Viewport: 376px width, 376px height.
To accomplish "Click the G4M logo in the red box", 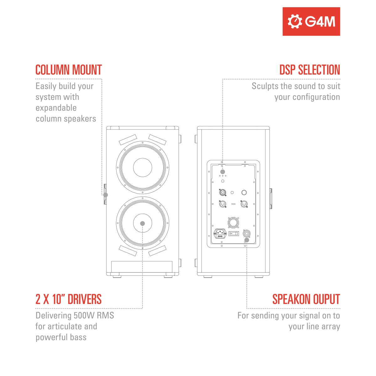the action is (x=311, y=22).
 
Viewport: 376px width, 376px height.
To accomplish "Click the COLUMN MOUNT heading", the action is (x=69, y=70).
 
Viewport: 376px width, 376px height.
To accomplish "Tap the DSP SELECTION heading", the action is (x=310, y=70).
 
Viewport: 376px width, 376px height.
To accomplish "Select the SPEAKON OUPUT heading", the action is (x=306, y=299).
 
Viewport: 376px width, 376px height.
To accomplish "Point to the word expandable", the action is (x=56, y=108).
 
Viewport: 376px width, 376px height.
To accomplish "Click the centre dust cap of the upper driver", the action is (x=143, y=167).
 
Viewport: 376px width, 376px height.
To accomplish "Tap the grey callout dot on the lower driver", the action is (x=143, y=223).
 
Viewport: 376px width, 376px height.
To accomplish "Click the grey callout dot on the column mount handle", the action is (x=106, y=195).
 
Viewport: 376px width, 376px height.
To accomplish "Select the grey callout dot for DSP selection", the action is (x=223, y=172).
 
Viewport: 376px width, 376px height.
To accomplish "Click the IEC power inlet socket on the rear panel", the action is (x=220, y=233).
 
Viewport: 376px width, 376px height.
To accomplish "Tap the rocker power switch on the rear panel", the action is (x=233, y=233).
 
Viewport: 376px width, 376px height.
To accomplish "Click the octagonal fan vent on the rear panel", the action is (x=233, y=222).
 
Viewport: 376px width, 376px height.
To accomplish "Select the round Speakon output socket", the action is (x=247, y=233).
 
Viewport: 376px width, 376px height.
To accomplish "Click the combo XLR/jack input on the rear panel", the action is (x=223, y=193).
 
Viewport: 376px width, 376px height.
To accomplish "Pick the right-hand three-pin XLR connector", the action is (x=244, y=204).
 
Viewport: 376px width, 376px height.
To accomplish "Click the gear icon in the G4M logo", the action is (x=295, y=22).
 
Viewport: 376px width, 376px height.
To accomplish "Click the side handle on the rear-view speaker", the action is (x=271, y=198).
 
